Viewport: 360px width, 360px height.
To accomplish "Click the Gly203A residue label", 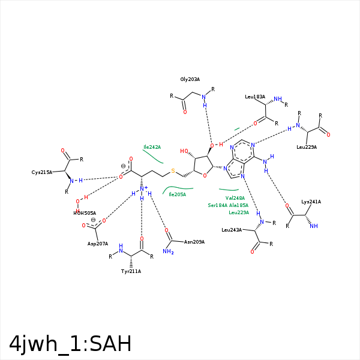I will coord(190,79).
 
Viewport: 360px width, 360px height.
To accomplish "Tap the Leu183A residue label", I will coord(255,97).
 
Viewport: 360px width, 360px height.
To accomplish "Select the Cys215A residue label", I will coord(42,172).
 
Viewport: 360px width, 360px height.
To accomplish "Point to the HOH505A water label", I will coord(85,213).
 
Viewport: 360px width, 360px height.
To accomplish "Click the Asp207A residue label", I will coord(98,244).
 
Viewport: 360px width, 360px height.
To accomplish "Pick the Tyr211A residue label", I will coord(131,271).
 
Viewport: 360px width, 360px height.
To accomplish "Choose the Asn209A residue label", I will coord(194,242).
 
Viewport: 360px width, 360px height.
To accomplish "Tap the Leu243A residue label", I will coord(232,230).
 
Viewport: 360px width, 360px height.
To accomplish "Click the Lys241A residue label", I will coord(311,202).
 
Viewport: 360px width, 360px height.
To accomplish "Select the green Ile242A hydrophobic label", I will coord(152,147).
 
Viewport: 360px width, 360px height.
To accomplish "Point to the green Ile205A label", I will coord(177,194).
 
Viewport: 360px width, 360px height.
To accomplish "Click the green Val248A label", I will coord(235,198).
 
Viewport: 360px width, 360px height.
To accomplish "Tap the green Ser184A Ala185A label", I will coord(228,205).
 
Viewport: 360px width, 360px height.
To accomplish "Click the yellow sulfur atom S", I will coord(173,171).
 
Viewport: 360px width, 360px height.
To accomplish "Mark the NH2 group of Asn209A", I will coord(168,251).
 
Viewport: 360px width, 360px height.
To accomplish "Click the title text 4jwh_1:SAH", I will coord(70,343).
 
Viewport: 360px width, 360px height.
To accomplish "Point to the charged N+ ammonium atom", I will coord(143,189).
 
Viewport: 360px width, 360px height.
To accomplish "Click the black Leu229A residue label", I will coord(306,147).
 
